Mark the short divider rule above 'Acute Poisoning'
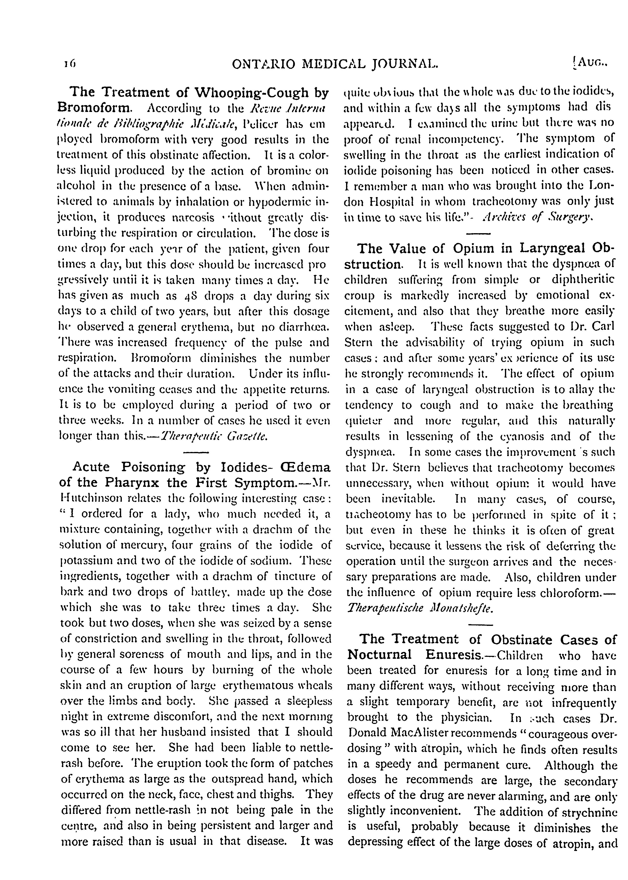coord(195,452)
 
